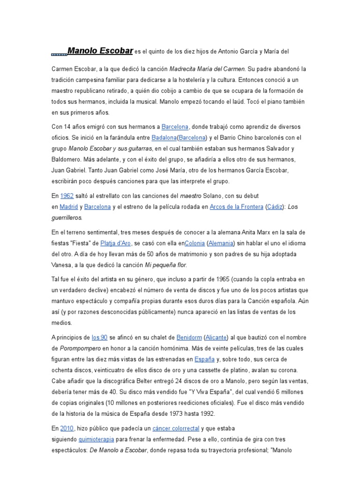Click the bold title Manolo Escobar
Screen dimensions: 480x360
tap(100, 50)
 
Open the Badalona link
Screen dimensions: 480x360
tap(164, 138)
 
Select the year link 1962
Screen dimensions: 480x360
tap(67, 195)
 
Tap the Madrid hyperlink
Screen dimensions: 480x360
tap(68, 207)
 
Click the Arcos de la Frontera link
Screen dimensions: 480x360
tap(236, 207)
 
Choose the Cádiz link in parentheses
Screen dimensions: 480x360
tap(275, 207)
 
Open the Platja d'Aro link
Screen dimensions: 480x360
tap(116, 243)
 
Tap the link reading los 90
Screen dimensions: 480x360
tap(100, 337)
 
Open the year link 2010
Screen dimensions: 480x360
tap(67, 428)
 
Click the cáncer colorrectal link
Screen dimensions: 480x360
tap(176, 428)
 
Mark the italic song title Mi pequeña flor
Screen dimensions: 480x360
tap(165, 265)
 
